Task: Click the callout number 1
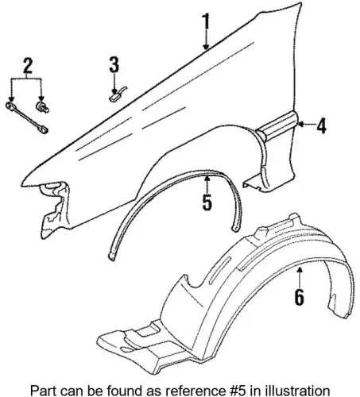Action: [x=206, y=21]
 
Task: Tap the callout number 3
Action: [x=114, y=64]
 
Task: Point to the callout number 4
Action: [x=321, y=125]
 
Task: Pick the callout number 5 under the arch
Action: [x=207, y=202]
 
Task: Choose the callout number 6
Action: [x=300, y=297]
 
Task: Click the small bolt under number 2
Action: [x=42, y=106]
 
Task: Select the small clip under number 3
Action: [x=117, y=94]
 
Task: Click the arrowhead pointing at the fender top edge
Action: [x=206, y=47]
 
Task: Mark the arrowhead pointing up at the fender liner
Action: [x=300, y=270]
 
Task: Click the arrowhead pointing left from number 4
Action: [x=300, y=124]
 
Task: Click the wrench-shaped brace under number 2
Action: [x=27, y=118]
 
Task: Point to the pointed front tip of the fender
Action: [x=21, y=185]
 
